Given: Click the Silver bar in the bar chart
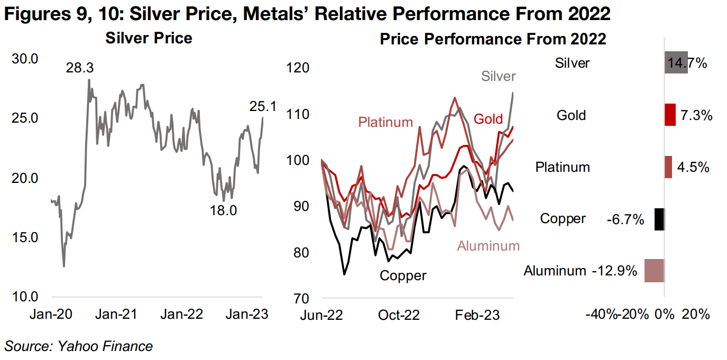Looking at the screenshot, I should [675, 62].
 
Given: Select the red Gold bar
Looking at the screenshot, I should [670, 115].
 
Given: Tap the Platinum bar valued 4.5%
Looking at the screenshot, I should [668, 167].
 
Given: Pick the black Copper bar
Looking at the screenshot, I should [659, 219].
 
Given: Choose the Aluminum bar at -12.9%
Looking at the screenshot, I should [655, 271].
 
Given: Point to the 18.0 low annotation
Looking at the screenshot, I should [223, 210].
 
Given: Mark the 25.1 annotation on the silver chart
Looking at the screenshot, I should [263, 107].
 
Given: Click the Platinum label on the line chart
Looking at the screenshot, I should [385, 123].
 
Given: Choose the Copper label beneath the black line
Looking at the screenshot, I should [403, 275].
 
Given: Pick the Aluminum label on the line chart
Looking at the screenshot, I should [489, 246].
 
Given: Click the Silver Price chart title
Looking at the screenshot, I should [149, 39].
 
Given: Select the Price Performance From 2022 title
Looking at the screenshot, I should [493, 39].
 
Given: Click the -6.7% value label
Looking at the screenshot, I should [625, 219].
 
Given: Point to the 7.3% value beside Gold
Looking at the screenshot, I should [696, 115].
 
